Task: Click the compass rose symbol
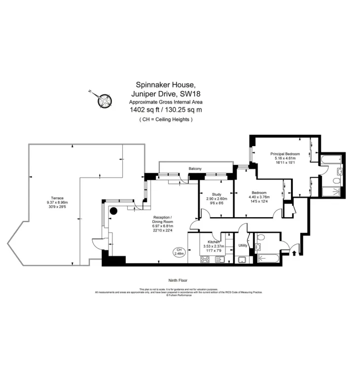(x=104, y=99)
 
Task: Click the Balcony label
(x=195, y=169)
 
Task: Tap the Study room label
(x=216, y=194)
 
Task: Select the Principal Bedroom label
(x=285, y=153)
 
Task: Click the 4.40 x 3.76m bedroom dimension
(x=259, y=197)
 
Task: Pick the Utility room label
(x=243, y=245)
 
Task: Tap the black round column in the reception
(x=113, y=211)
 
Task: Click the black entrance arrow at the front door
(x=295, y=253)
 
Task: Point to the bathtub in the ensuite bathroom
(x=328, y=160)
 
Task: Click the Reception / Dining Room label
(x=163, y=220)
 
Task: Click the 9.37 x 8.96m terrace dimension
(x=57, y=202)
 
